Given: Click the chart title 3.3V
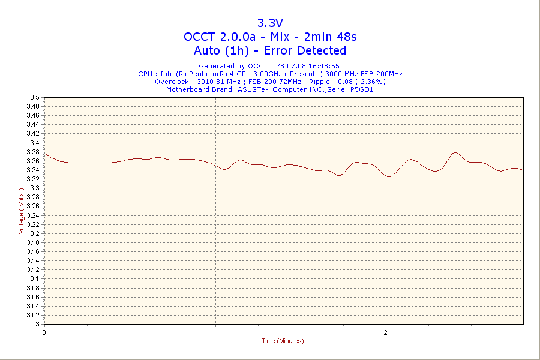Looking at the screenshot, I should (270, 23).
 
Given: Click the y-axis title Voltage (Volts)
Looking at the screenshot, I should (22, 210).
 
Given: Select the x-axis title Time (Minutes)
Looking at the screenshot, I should (283, 341).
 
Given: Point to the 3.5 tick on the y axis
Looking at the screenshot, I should (35, 97).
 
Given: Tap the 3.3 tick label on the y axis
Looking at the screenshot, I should (35, 188).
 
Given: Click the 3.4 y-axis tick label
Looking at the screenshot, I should (35, 143).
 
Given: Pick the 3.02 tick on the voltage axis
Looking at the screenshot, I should (34, 315).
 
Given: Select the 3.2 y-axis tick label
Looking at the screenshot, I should (35, 233).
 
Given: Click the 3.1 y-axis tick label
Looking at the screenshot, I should (35, 278).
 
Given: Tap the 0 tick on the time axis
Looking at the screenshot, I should (44, 331).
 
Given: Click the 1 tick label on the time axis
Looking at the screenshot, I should (215, 331).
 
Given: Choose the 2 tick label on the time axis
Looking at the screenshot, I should (386, 331).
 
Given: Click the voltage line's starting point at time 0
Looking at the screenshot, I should (44, 154).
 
